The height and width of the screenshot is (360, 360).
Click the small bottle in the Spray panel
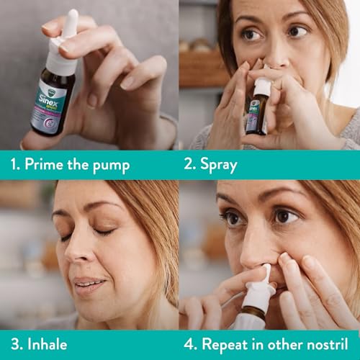(256, 115)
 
